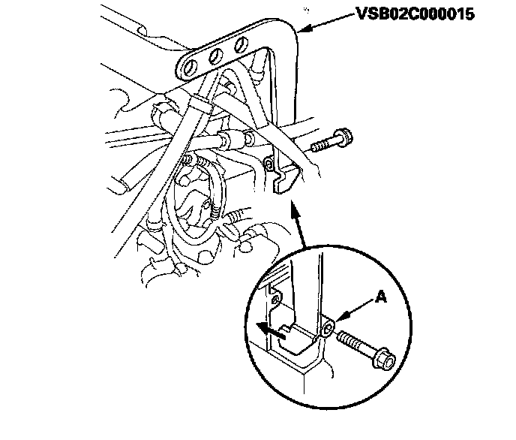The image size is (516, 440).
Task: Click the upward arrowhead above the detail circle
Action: tap(298, 215)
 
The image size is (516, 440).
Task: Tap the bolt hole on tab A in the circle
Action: tap(327, 328)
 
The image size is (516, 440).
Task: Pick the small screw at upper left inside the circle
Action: tap(277, 300)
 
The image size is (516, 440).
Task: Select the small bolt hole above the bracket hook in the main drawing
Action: tap(268, 164)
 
